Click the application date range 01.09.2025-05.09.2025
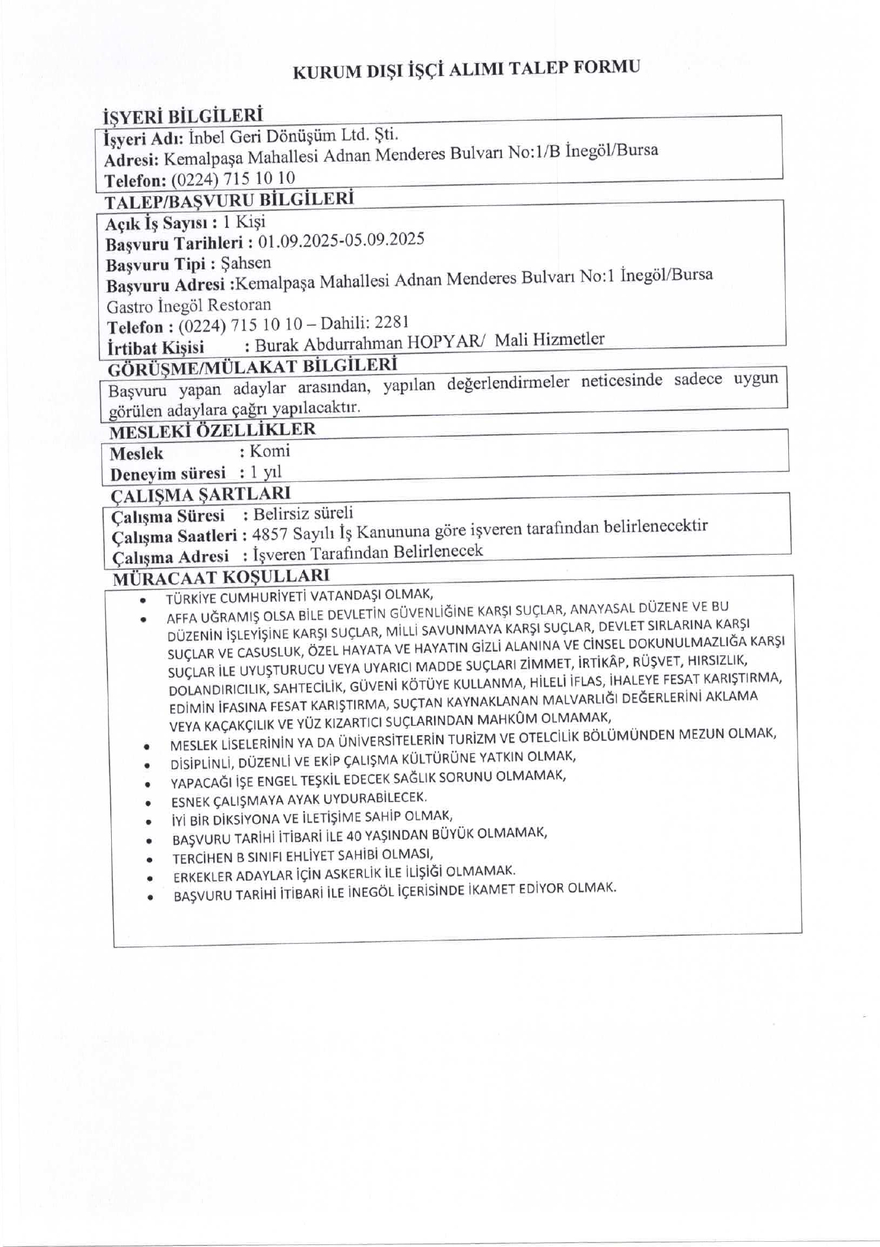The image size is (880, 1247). [x=341, y=241]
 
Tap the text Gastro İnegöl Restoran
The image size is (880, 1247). [x=188, y=305]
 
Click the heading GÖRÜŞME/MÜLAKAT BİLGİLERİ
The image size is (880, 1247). [x=252, y=367]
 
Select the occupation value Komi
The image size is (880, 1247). [x=270, y=451]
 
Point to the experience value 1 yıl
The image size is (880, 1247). [x=266, y=472]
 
